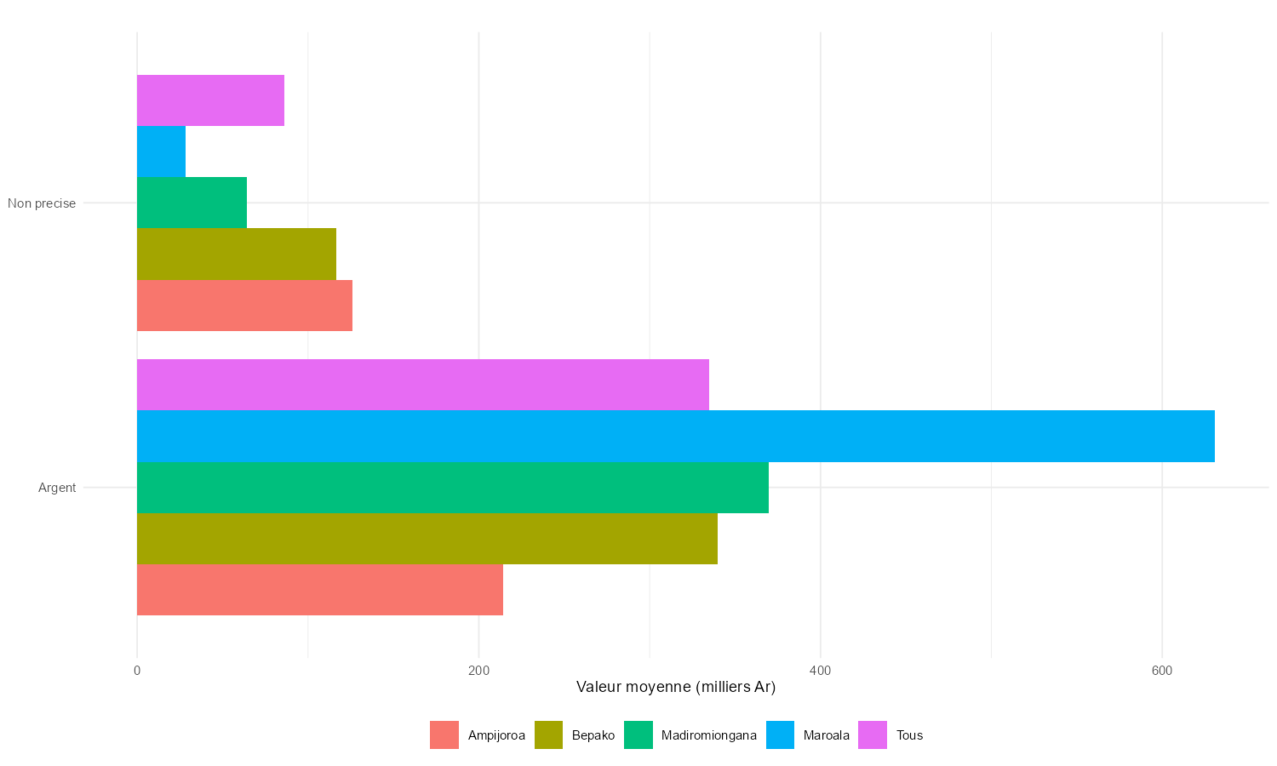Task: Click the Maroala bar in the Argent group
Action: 675,436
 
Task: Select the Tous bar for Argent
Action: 423,385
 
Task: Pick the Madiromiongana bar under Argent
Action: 452,488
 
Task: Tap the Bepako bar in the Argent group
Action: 427,539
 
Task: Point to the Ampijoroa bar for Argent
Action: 319,590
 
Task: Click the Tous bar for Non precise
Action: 210,100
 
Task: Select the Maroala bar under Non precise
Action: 161,151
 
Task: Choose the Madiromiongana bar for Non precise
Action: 192,203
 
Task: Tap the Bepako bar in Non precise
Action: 236,254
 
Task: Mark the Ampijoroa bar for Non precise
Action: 244,306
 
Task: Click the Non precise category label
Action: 42,203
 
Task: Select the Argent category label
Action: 57,488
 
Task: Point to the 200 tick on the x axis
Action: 478,671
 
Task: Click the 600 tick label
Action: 1161,671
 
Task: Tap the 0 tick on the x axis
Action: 137,671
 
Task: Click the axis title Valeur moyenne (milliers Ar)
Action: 676,687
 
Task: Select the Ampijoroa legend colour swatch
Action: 444,735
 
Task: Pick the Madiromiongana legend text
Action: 708,735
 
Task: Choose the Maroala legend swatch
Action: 780,735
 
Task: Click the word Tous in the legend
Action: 909,735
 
